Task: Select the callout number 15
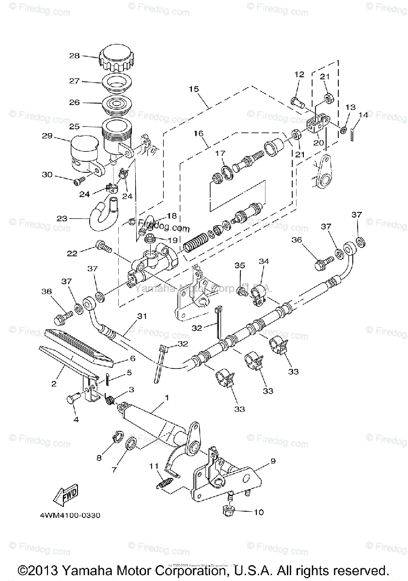194,89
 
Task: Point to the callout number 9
272,461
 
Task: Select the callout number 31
141,316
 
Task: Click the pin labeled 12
298,101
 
